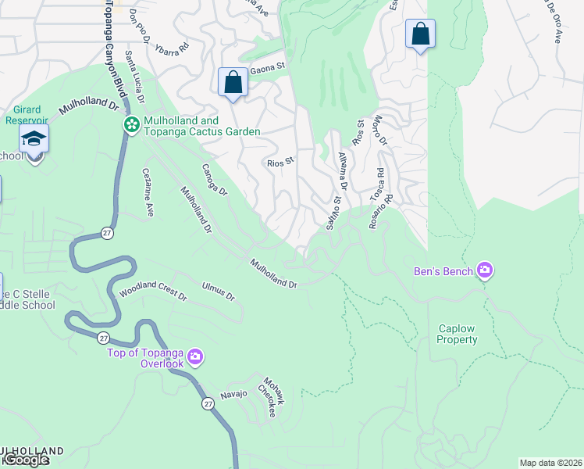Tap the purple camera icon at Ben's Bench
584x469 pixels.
[485, 270]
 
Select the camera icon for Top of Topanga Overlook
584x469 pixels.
[194, 357]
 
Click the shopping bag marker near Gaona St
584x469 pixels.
[233, 81]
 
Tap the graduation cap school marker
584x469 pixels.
[34, 138]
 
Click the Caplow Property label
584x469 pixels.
[457, 335]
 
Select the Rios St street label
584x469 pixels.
[280, 163]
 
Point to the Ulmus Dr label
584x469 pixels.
[218, 292]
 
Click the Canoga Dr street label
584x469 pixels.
[213, 180]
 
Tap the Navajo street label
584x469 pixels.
[233, 394]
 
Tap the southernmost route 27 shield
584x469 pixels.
[208, 403]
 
